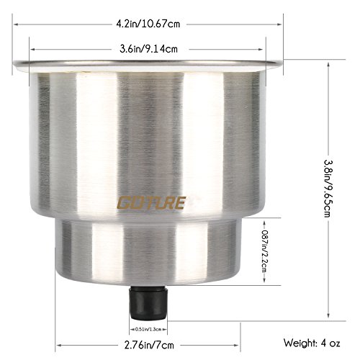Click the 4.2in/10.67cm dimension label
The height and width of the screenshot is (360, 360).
[148, 24]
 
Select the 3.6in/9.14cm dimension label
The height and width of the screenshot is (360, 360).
[149, 49]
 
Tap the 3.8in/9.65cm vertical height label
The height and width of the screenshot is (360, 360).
[328, 189]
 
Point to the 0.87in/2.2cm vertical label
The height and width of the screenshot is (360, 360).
[264, 251]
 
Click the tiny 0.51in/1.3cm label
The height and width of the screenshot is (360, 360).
[148, 329]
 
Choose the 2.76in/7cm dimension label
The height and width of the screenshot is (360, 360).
[149, 346]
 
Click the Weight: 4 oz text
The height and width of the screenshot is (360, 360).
[312, 343]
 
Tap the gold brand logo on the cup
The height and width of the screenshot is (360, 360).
[151, 203]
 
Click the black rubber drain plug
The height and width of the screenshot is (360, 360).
[148, 302]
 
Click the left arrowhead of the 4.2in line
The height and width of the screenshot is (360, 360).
[16, 24]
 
